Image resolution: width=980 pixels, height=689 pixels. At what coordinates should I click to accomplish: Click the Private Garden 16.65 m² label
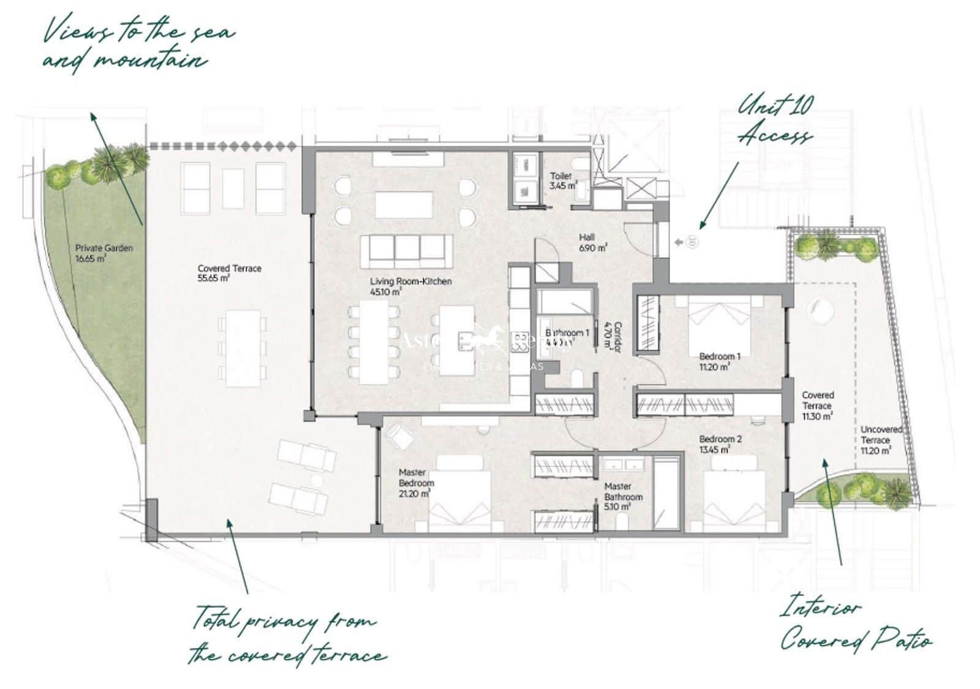tap(104, 253)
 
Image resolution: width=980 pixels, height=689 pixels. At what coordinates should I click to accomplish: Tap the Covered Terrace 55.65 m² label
tap(229, 273)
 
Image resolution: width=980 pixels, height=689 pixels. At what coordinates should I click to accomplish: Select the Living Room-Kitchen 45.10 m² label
tap(410, 286)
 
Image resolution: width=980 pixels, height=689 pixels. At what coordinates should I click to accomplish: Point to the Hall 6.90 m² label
tap(592, 243)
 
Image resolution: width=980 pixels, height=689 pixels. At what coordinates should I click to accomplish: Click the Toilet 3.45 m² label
tap(562, 180)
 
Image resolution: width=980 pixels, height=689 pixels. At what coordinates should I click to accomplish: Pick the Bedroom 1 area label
tap(720, 361)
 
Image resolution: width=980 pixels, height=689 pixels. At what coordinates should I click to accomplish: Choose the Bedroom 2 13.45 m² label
tap(720, 444)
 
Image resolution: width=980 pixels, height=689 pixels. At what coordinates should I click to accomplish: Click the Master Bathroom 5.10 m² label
tap(623, 496)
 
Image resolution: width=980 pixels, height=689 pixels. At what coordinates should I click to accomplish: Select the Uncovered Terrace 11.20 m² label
tap(881, 440)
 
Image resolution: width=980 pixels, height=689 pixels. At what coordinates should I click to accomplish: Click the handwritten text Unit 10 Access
tap(775, 119)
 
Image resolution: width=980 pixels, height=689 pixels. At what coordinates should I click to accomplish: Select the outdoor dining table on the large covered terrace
tap(243, 348)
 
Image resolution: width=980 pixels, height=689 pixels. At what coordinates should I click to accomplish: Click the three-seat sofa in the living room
tap(406, 250)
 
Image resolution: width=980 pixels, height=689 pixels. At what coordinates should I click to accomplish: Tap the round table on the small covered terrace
tap(819, 309)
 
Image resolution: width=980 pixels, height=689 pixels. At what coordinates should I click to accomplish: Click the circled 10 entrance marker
tap(692, 243)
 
